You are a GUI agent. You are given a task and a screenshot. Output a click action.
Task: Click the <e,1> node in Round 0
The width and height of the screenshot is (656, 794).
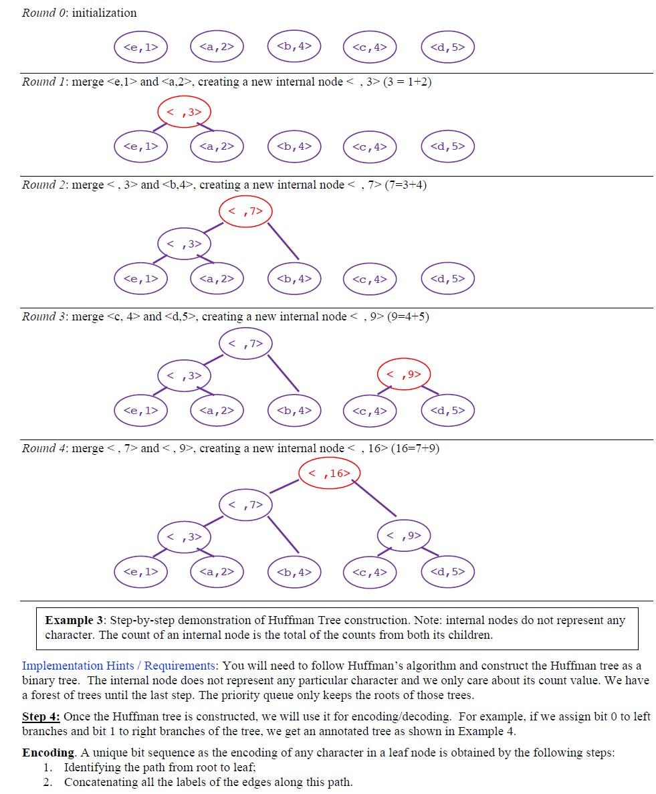[140, 47]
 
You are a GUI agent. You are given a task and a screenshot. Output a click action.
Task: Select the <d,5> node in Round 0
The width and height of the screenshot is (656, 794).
[447, 47]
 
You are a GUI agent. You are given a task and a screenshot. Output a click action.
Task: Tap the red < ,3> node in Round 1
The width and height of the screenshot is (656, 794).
[184, 112]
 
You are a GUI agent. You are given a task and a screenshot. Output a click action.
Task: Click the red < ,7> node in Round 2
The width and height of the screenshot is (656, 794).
[245, 211]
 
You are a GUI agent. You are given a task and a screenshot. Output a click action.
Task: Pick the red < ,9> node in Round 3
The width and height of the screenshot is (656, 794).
[404, 374]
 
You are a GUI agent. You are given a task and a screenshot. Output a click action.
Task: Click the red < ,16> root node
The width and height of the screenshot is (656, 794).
[329, 473]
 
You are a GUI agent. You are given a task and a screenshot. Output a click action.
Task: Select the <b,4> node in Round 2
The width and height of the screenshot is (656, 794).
[294, 278]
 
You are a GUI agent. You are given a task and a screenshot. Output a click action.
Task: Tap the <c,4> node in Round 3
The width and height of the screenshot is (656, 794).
[370, 410]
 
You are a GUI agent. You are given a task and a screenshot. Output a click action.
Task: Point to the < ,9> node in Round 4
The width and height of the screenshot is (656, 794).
[404, 535]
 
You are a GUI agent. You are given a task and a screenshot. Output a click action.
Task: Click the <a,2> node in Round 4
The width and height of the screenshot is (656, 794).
[217, 571]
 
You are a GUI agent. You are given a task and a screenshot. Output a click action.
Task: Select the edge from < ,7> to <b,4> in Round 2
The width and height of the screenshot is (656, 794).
[284, 241]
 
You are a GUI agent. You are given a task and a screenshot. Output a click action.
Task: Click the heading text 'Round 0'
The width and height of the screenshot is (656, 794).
[44, 13]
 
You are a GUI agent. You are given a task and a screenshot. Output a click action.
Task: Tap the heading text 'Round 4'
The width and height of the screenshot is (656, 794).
[44, 448]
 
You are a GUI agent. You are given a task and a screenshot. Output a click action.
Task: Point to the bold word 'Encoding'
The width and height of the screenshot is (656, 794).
[47, 753]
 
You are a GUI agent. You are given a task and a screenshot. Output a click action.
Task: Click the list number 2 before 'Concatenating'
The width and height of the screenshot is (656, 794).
[47, 782]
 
